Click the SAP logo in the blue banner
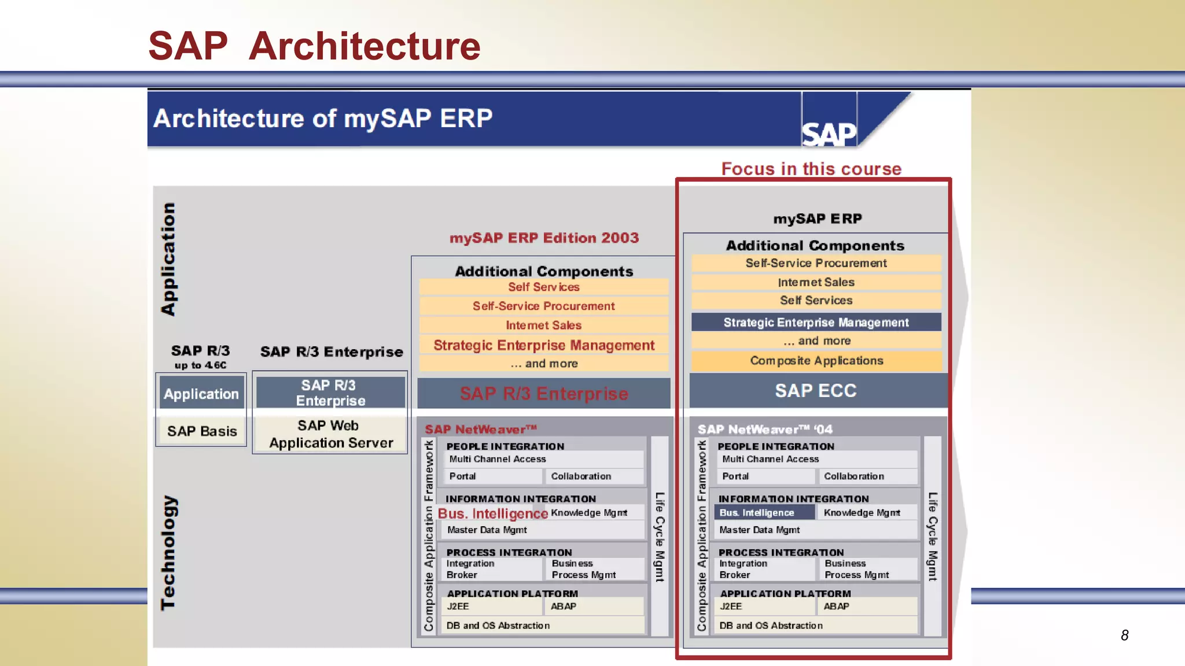829,134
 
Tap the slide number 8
1124,635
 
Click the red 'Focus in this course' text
811,169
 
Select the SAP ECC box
815,391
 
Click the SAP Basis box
202,431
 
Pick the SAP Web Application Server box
330,434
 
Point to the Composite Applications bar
816,361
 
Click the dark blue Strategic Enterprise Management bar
816,323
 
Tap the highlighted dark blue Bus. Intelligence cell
757,513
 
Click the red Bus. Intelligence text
492,513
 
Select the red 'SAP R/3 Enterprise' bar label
543,394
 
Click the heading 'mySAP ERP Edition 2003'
544,238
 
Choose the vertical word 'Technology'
168,552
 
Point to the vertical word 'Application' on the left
168,258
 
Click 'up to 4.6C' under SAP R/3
200,365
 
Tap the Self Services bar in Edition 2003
543,287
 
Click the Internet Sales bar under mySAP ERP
816,282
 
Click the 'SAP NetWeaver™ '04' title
764,430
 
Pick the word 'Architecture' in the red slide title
365,46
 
